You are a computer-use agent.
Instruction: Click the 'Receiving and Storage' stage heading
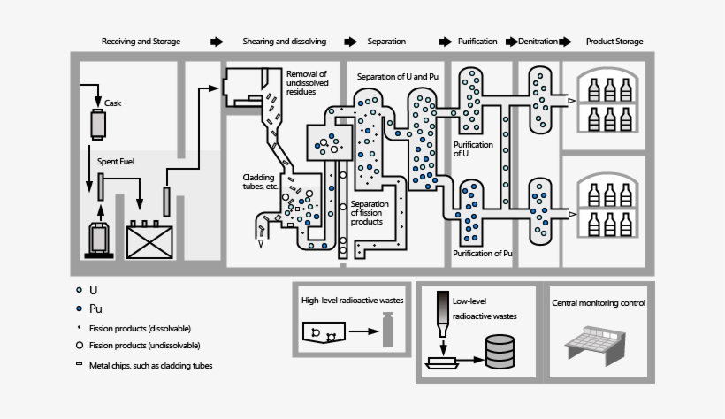pyautogui.click(x=141, y=42)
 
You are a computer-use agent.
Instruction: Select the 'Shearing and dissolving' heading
pyautogui.click(x=285, y=42)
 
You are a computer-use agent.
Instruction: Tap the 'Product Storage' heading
pyautogui.click(x=614, y=42)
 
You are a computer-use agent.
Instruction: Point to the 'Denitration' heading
pyautogui.click(x=538, y=42)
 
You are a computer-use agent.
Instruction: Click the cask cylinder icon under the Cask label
pyautogui.click(x=97, y=125)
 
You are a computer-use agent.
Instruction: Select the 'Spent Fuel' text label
pyautogui.click(x=115, y=162)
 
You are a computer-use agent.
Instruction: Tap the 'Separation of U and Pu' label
pyautogui.click(x=398, y=77)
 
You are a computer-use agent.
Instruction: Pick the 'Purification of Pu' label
pyautogui.click(x=484, y=254)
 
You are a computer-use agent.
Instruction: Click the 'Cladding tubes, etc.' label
pyautogui.click(x=262, y=182)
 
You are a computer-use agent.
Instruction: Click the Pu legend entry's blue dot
pyautogui.click(x=80, y=309)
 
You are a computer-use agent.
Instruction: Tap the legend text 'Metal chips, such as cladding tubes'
pyautogui.click(x=150, y=365)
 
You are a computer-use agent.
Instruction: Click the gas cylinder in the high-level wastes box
pyautogui.click(x=386, y=333)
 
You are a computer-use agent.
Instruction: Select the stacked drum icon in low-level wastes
pyautogui.click(x=499, y=353)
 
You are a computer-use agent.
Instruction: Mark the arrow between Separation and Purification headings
pyautogui.click(x=445, y=42)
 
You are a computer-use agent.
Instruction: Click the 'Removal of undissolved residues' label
pyautogui.click(x=307, y=82)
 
